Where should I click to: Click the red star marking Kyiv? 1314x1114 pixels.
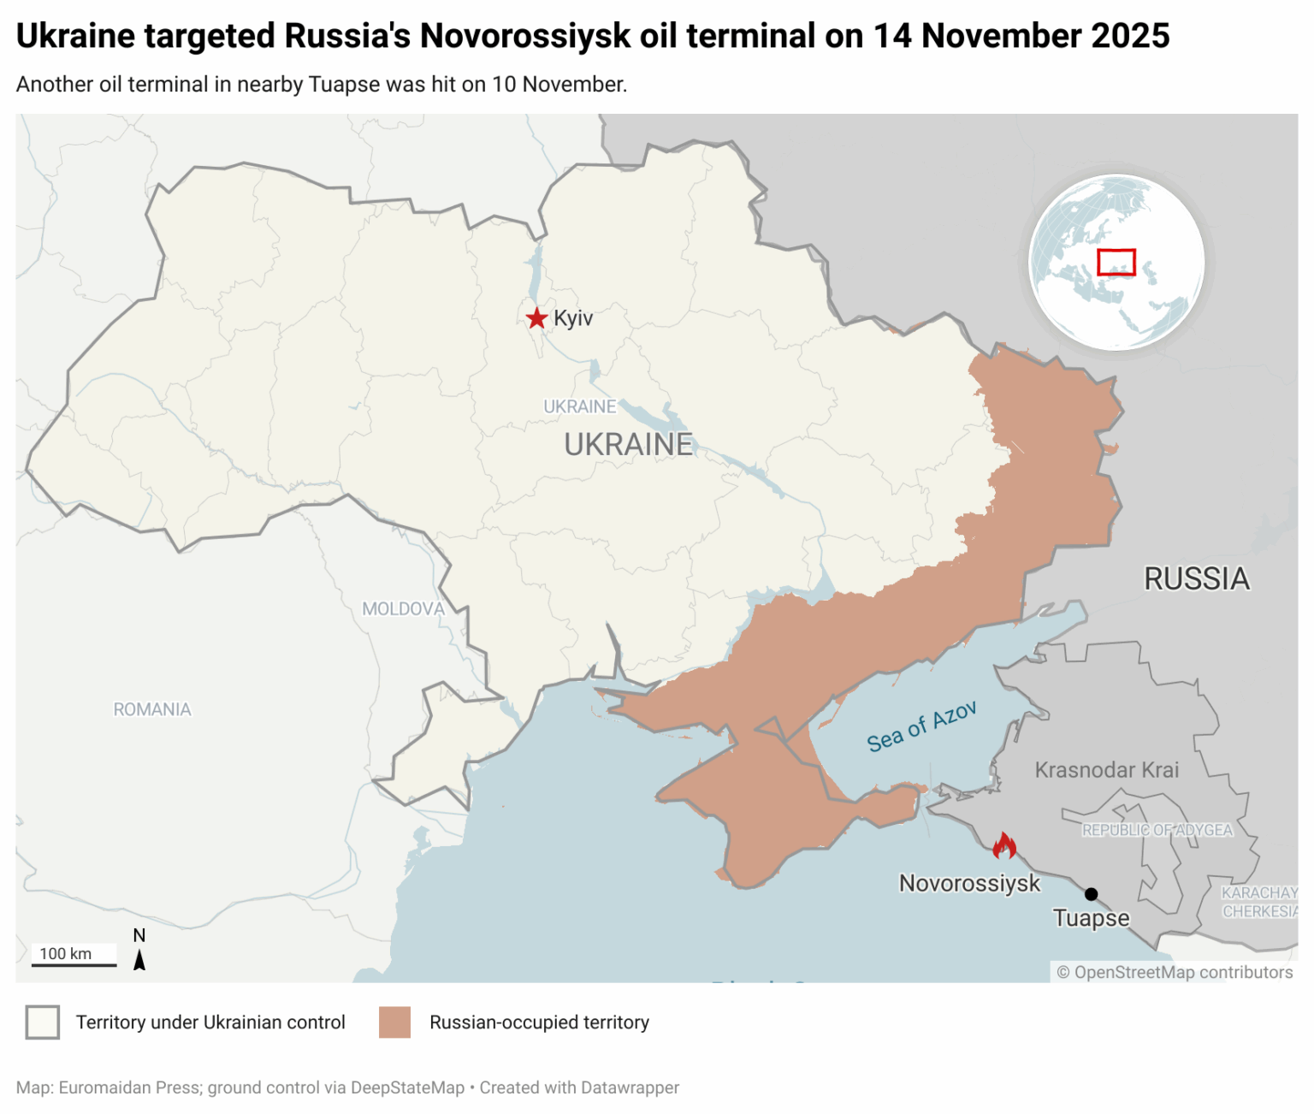pos(536,318)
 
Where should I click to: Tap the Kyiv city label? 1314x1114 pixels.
pos(573,318)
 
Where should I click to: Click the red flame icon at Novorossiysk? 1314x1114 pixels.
pos(1004,846)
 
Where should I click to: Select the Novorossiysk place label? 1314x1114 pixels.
pos(969,883)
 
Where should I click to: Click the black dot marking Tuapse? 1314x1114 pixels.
pos(1091,894)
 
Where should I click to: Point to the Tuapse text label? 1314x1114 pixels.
pos(1091,918)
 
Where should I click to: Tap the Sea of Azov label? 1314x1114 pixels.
pos(921,727)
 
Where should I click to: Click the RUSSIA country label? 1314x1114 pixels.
pos(1197,579)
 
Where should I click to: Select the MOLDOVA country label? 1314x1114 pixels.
pos(403,609)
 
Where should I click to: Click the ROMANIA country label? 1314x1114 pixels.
pos(152,709)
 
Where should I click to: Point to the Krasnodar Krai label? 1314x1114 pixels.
pos(1107,770)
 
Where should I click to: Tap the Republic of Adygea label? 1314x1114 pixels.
pos(1157,830)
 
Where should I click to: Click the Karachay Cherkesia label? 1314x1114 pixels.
pos(1259,903)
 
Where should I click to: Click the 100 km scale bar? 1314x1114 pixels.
pos(74,956)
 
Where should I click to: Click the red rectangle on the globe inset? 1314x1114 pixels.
pos(1116,262)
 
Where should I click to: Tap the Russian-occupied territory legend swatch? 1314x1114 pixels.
pos(394,1022)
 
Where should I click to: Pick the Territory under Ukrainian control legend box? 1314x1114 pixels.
pos(43,1022)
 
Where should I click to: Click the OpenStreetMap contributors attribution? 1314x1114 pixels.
pos(1175,972)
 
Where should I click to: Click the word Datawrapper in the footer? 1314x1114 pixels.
pos(630,1087)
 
